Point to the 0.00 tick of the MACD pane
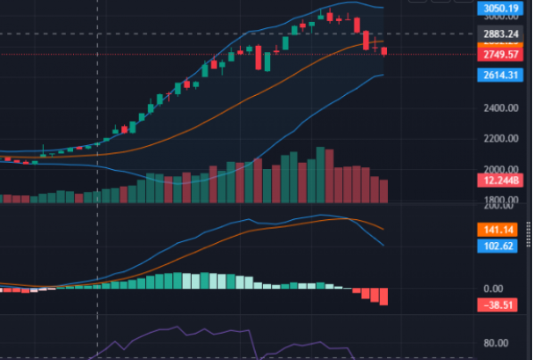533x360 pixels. pyautogui.click(x=494, y=289)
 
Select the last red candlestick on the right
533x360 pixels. pyautogui.click(x=383, y=52)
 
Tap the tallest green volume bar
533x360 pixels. pyautogui.click(x=319, y=175)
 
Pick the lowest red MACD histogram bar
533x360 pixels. pyautogui.click(x=383, y=297)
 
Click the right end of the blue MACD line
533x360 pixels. pyautogui.click(x=383, y=245)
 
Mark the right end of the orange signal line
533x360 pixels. pyautogui.click(x=383, y=229)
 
